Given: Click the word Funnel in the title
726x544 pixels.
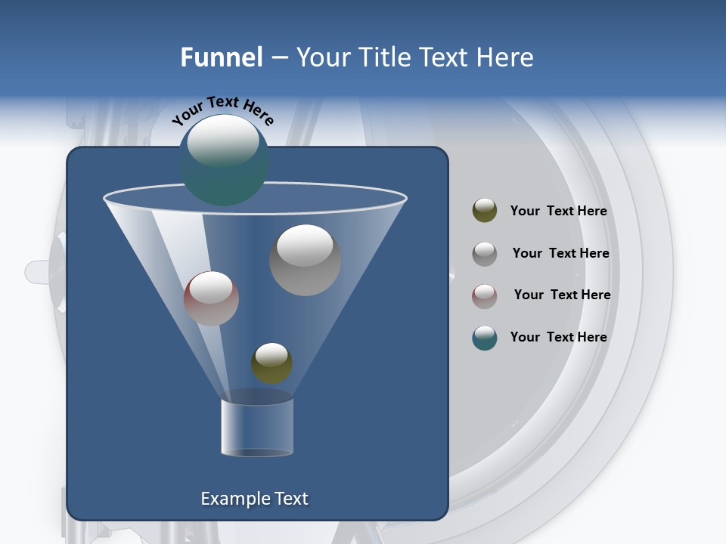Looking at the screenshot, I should tap(221, 57).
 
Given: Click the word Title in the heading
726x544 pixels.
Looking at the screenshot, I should tap(386, 57).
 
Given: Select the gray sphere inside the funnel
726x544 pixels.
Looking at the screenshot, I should tap(305, 260).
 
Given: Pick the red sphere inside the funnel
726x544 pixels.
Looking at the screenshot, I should tap(211, 298).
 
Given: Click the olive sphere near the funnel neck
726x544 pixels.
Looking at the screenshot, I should tap(271, 363).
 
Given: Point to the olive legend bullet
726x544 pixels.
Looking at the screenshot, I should tap(485, 211).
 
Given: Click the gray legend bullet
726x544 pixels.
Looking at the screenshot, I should tap(485, 254).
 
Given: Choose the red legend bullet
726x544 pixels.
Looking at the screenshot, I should tap(485, 295).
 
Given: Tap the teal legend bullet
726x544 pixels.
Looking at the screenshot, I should tap(485, 338).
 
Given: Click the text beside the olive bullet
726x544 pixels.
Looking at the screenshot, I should tap(558, 212).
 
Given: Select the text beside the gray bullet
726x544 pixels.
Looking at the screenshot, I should tap(560, 254).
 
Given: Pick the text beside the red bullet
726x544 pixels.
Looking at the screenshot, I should tap(562, 295).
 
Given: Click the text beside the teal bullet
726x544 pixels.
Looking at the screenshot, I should tap(558, 338).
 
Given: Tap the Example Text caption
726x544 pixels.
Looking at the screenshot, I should tap(254, 499).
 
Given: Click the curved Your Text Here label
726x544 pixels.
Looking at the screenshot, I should tap(223, 110).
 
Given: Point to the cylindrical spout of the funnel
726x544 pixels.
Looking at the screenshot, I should tap(256, 427).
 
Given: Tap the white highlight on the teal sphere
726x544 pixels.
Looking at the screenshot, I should tap(222, 140).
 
